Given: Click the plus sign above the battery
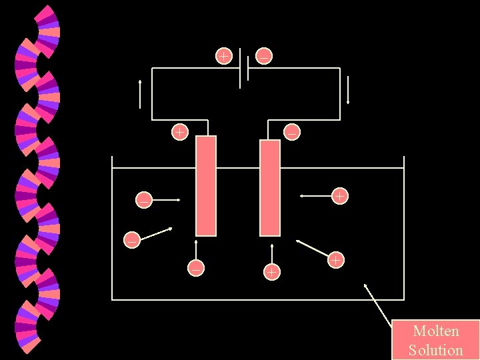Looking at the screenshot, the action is point(223,55).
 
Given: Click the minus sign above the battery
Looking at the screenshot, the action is point(264,56).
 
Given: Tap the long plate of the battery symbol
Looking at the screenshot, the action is point(240,68).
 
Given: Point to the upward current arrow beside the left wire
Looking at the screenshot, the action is point(141,94).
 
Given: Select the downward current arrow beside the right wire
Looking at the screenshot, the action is point(347,90).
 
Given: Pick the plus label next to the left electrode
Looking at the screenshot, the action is point(179,131).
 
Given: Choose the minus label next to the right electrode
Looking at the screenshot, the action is point(291,133).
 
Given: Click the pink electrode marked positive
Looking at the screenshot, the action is point(206,186).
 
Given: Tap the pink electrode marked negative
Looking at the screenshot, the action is point(270,187).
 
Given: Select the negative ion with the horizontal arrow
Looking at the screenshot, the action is point(143,199).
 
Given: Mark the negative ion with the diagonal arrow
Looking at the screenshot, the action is point(133,239).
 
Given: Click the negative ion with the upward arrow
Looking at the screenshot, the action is point(196,267).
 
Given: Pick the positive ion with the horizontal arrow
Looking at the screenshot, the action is point(339,196).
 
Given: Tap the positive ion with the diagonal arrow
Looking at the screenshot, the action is point(336,259).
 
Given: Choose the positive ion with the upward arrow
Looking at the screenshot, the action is point(271,271).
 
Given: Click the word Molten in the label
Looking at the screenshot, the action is point(436,331).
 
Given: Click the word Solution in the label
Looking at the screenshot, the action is point(436,349).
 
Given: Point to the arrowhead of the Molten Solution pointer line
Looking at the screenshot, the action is point(365,285).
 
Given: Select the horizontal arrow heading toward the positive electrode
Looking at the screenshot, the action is point(166,199).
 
